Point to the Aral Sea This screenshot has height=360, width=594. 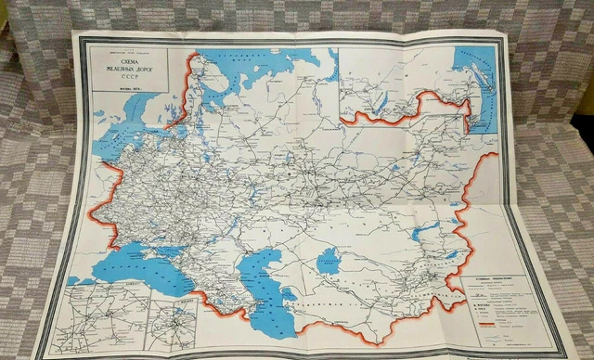tap(329, 261)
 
